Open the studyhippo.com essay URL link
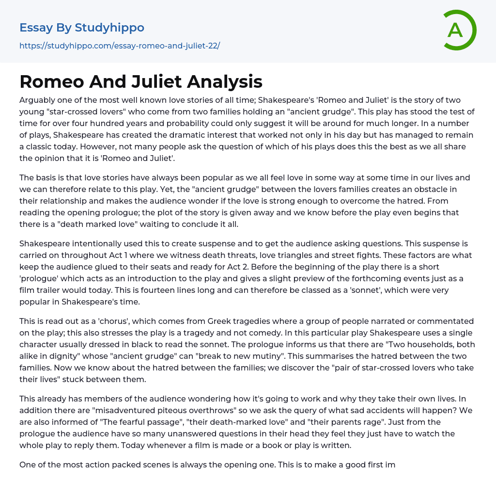[120, 46]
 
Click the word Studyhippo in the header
[109, 28]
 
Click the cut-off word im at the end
[390, 465]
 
